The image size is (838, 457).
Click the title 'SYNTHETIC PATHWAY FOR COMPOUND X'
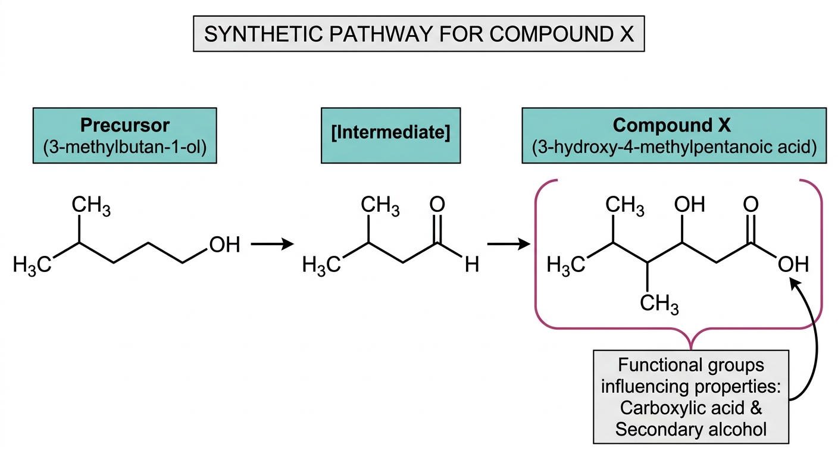coord(418,34)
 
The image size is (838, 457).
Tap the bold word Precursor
coord(125,126)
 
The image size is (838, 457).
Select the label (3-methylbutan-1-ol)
coord(124,148)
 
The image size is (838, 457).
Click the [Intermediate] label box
coord(390,136)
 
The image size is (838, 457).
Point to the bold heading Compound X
coord(671,125)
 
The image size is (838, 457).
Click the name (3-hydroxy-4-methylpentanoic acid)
coord(674,148)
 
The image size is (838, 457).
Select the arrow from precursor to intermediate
coord(273,244)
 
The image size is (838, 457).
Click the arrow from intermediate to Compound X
coord(509,244)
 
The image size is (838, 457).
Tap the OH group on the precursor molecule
coord(224,245)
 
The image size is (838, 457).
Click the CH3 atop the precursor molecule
coord(91,205)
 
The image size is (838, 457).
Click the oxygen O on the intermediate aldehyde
coord(437,205)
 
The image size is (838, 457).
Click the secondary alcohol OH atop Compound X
coord(689,205)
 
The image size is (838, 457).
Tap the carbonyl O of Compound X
coord(751,205)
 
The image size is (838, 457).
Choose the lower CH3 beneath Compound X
coord(659,303)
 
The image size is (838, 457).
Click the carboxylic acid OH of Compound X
coord(793,264)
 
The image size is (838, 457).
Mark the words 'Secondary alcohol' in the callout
coord(690,429)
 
